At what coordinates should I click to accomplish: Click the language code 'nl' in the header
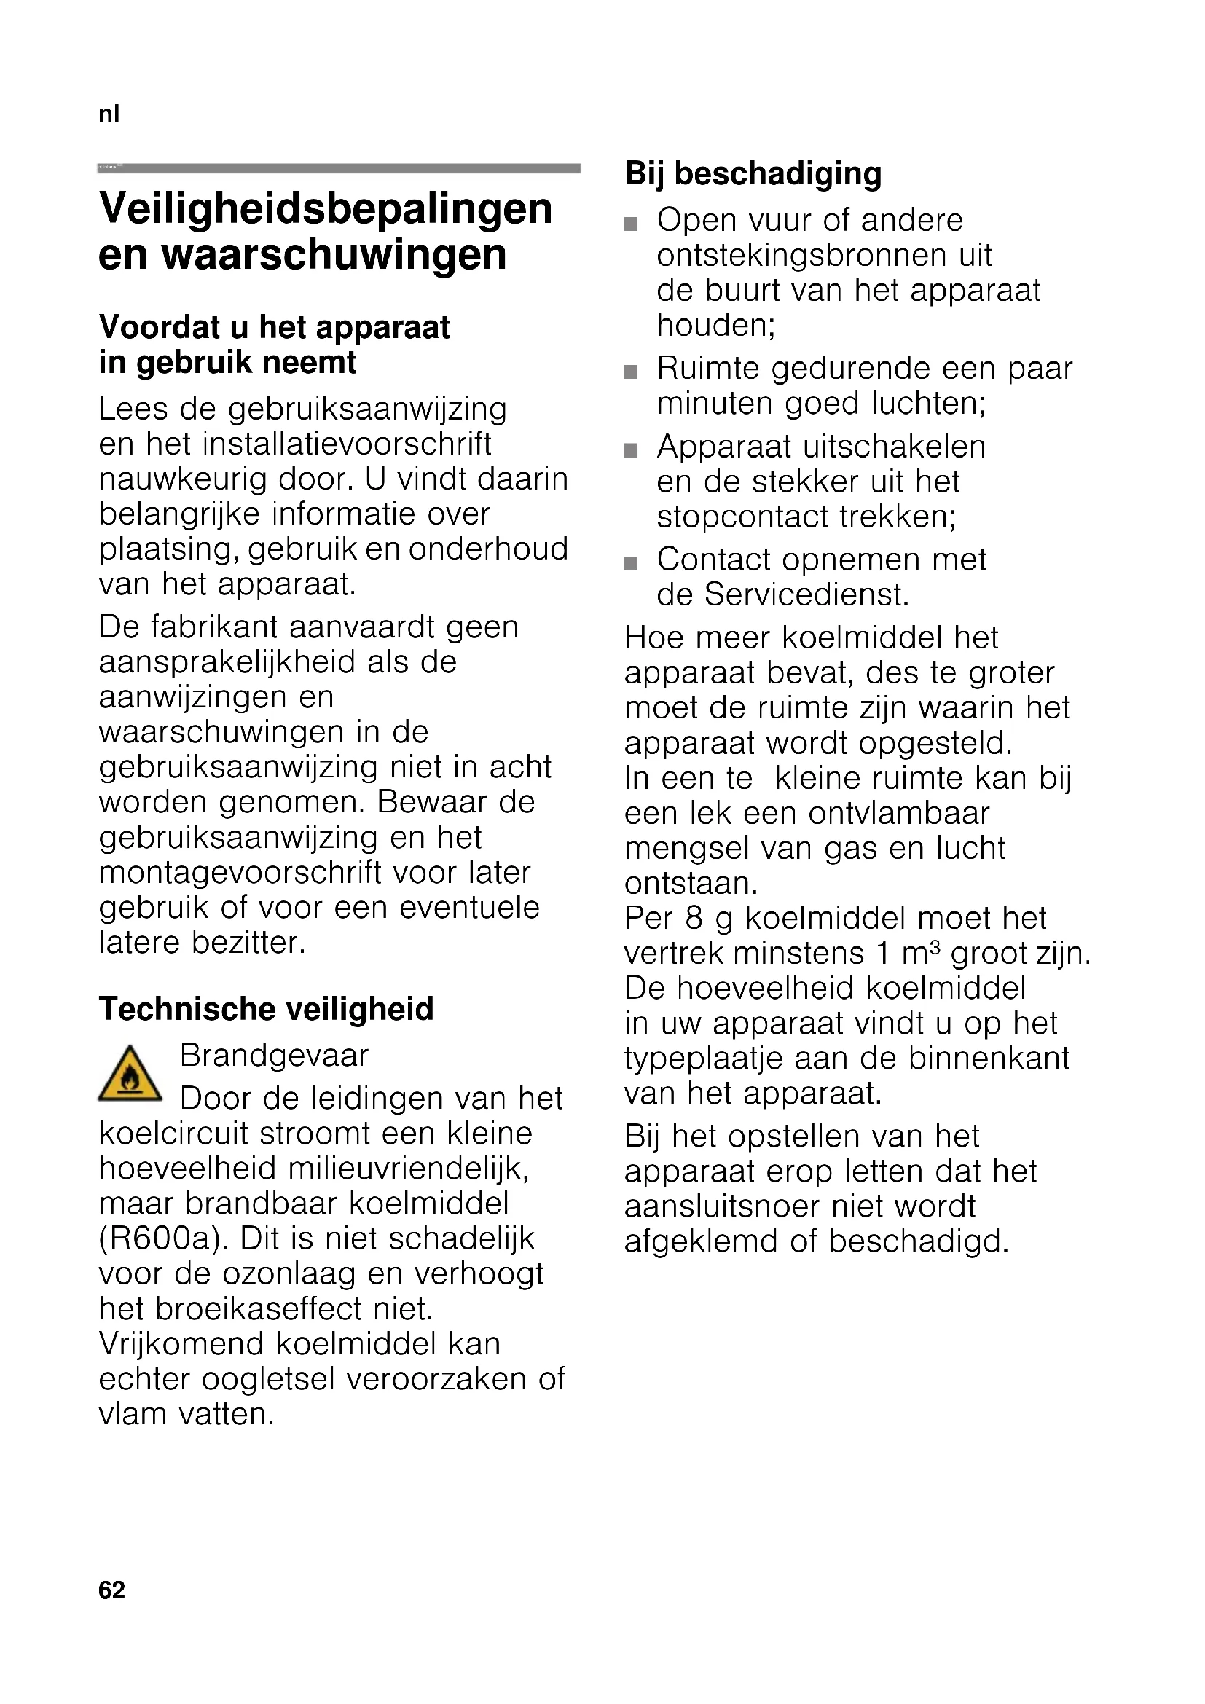[x=109, y=114]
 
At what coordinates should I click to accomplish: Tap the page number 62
[x=112, y=1590]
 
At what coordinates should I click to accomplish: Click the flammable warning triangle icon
[x=130, y=1074]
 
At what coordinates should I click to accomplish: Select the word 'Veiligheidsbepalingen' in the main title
[x=325, y=208]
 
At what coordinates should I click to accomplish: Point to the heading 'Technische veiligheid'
[x=266, y=1008]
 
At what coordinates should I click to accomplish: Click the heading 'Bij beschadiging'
[x=753, y=173]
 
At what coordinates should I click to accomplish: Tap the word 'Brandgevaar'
[x=274, y=1056]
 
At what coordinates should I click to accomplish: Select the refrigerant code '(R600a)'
[x=164, y=1238]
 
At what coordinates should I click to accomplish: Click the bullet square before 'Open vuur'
[x=631, y=224]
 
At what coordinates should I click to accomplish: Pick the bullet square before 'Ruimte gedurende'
[x=631, y=372]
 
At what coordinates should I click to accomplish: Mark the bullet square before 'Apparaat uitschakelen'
[x=631, y=450]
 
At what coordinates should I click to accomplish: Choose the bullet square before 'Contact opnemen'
[x=631, y=563]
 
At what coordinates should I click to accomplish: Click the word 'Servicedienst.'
[x=806, y=594]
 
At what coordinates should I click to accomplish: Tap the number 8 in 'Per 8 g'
[x=693, y=919]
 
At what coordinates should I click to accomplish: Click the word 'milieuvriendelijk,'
[x=408, y=1169]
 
